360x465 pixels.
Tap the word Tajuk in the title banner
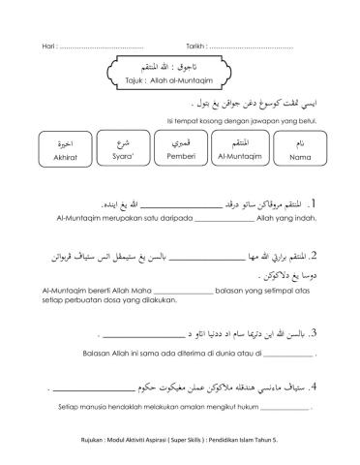point(129,79)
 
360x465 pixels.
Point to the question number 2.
point(315,258)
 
